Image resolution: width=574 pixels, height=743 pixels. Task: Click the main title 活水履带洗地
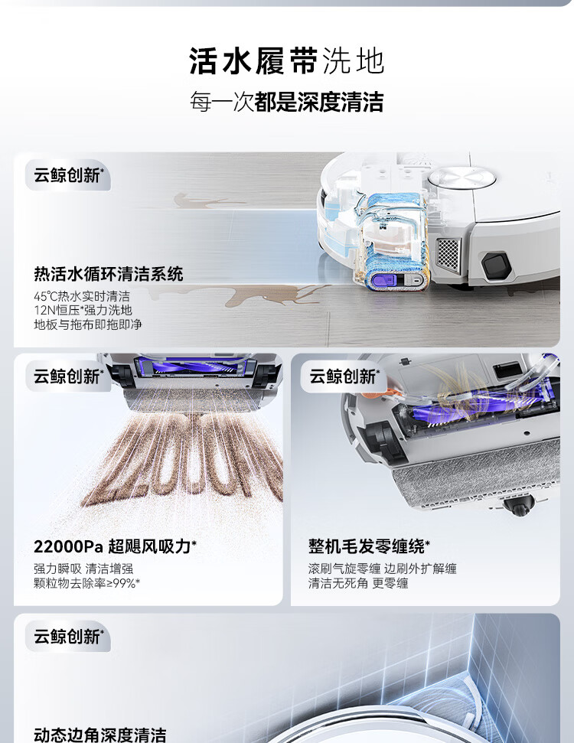pyautogui.click(x=286, y=61)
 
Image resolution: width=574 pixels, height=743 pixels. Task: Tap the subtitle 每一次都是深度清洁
pyautogui.click(x=286, y=102)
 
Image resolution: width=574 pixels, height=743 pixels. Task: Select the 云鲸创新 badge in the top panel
pyautogui.click(x=68, y=175)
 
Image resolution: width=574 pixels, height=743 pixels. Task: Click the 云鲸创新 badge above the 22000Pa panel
pyautogui.click(x=68, y=376)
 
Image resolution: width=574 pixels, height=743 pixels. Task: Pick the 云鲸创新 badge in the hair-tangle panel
pyautogui.click(x=344, y=376)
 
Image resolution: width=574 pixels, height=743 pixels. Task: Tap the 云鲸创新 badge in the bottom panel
pyautogui.click(x=68, y=637)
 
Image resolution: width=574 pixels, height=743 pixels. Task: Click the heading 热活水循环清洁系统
pyautogui.click(x=108, y=275)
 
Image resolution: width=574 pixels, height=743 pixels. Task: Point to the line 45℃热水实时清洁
pyautogui.click(x=82, y=297)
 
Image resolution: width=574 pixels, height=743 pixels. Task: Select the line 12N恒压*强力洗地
pyautogui.click(x=83, y=311)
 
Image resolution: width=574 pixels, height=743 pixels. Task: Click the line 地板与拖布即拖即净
pyautogui.click(x=88, y=324)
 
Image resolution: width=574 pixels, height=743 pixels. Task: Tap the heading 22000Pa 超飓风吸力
pyautogui.click(x=115, y=546)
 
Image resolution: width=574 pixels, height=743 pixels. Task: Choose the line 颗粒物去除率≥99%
pyautogui.click(x=86, y=583)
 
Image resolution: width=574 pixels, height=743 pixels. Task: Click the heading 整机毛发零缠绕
pyautogui.click(x=369, y=546)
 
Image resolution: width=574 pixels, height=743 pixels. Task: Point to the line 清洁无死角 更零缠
pyautogui.click(x=358, y=583)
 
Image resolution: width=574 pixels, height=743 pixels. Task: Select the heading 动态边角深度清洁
pyautogui.click(x=100, y=735)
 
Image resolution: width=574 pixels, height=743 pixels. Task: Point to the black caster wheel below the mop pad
pyautogui.click(x=519, y=507)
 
